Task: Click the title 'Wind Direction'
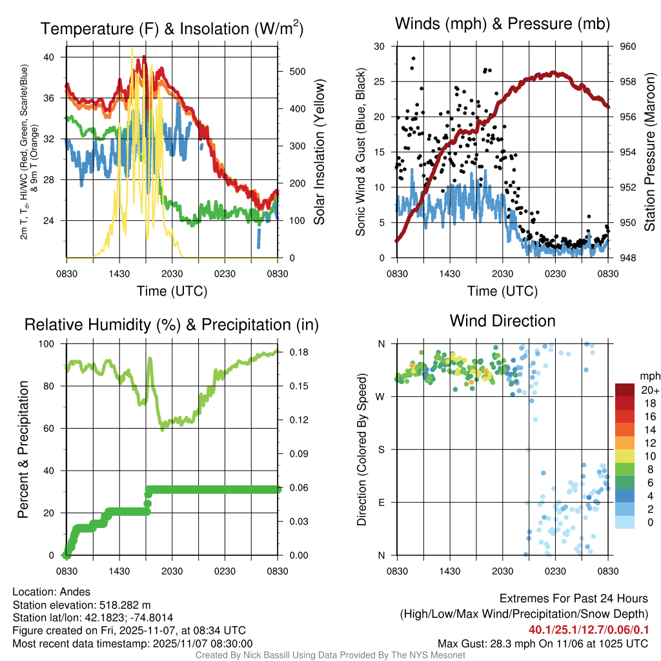(502, 321)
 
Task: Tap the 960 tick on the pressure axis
(627, 46)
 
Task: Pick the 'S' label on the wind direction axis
(381, 449)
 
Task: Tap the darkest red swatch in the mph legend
(625, 390)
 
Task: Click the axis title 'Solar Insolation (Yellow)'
(319, 152)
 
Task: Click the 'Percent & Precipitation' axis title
(23, 449)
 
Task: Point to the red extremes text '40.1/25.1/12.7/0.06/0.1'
(588, 629)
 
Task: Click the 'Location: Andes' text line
(51, 592)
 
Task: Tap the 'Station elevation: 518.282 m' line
(81, 605)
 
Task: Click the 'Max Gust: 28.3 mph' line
(542, 643)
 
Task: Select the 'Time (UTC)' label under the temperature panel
(172, 291)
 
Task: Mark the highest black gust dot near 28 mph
(413, 58)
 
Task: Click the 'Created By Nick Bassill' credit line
(330, 655)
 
